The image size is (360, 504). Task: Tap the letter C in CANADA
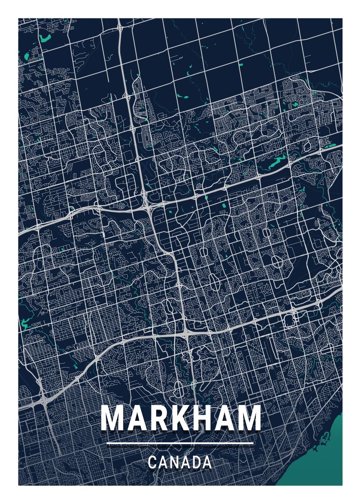point(153,462)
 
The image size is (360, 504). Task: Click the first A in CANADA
point(164,462)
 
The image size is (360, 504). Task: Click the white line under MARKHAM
point(180,443)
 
